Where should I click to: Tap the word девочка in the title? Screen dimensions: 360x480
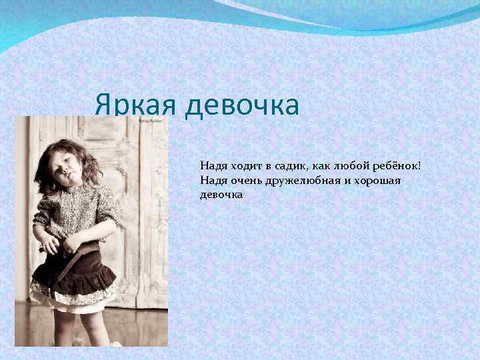(242, 105)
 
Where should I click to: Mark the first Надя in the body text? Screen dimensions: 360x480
(212, 165)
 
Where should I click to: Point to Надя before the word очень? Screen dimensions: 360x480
(212, 180)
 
